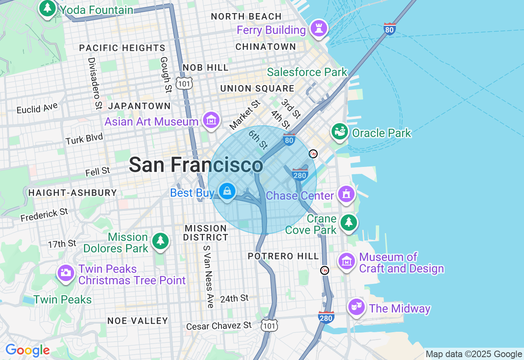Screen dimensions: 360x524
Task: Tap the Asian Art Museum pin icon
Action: point(211,120)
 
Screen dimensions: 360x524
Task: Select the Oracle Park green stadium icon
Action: point(340,132)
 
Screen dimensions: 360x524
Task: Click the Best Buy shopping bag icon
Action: point(226,191)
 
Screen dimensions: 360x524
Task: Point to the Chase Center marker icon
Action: point(346,194)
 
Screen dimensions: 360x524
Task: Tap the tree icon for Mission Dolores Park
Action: point(160,241)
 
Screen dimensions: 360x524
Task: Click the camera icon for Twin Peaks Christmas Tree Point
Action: point(66,272)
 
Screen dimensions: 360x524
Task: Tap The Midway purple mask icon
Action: point(356,306)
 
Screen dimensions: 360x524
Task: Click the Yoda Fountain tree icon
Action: point(47,8)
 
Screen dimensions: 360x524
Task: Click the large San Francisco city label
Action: point(196,165)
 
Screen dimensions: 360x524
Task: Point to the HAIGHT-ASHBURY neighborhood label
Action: point(72,193)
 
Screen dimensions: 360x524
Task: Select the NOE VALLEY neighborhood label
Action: point(138,321)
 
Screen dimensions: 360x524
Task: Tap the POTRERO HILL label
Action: point(283,256)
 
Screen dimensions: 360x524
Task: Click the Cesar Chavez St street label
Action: point(219,326)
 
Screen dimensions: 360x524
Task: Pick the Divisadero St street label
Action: point(95,83)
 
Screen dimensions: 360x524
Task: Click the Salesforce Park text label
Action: point(307,72)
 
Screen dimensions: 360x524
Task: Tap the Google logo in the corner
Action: point(27,351)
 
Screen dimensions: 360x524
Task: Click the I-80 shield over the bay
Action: point(390,29)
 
